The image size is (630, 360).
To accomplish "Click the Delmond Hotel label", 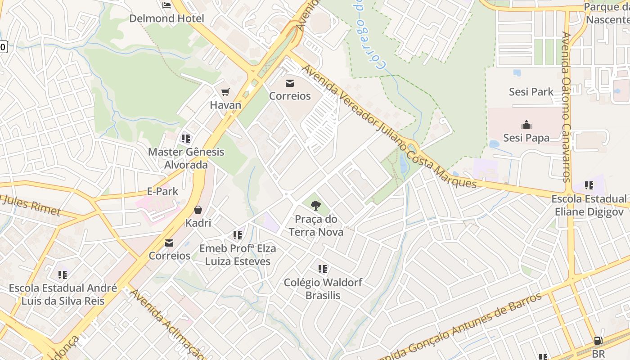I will [166, 18].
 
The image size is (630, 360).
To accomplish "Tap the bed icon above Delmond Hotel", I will [166, 5].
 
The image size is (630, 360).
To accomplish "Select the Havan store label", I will [225, 105].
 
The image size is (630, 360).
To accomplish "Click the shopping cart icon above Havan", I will [225, 92].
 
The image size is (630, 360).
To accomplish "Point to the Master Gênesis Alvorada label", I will [186, 158].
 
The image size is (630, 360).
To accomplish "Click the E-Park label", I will [162, 191].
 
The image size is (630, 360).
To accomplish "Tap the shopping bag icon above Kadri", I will [198, 210].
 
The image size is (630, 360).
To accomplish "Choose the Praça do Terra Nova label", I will [316, 225].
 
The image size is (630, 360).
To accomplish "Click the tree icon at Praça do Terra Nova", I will [316, 206].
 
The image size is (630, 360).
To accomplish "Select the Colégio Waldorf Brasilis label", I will [323, 289].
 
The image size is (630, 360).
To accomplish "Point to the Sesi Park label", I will [531, 92].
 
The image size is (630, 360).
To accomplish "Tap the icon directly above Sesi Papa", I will [526, 125].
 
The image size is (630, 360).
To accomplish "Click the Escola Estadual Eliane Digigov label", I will [589, 205].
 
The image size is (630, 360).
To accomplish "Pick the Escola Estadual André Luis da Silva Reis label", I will [63, 294].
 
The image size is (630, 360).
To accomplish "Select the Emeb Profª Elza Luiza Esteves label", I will [238, 255].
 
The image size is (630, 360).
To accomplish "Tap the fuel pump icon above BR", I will [598, 341].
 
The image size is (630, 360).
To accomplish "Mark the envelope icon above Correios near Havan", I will [290, 83].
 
